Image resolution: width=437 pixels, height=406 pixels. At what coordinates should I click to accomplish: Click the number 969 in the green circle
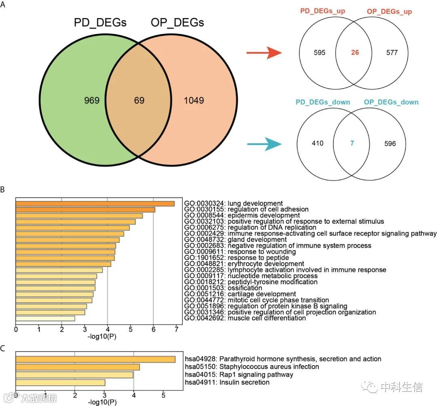(x=92, y=100)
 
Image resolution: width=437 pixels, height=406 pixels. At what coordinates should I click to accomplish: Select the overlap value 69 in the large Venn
(x=140, y=100)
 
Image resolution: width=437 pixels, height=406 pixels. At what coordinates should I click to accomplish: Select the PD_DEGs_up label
(x=323, y=11)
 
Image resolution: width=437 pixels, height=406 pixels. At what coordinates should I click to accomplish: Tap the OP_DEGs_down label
(x=391, y=102)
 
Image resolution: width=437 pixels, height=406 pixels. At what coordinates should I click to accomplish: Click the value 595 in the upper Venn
(x=319, y=53)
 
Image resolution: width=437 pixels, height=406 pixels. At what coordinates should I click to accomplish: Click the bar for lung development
(x=95, y=203)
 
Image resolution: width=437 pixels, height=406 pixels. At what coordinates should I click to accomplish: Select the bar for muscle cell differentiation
(x=45, y=318)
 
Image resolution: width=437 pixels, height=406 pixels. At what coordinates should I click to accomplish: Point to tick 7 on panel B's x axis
(x=176, y=330)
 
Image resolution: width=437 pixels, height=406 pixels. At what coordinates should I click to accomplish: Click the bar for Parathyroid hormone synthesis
(x=95, y=359)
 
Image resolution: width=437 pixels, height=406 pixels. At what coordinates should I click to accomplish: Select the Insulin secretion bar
(x=60, y=382)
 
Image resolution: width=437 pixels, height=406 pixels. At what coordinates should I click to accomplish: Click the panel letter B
(x=3, y=189)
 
